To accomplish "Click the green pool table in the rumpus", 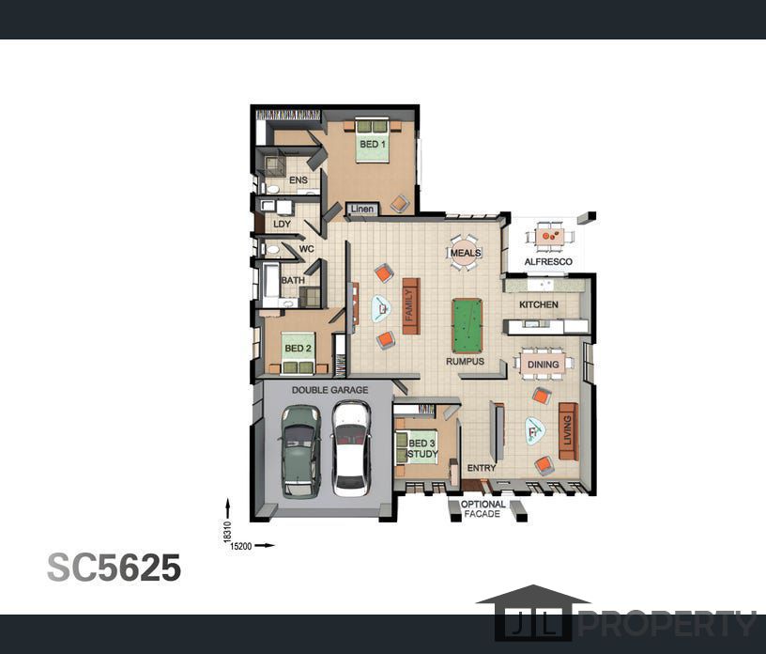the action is click(x=467, y=326).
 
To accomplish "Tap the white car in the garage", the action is click(x=351, y=448).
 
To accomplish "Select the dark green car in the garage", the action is click(x=300, y=451).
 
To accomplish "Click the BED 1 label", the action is click(x=373, y=145).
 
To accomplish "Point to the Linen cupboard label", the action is click(x=362, y=209).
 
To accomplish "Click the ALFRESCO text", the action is click(x=548, y=262).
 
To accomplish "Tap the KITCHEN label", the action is click(x=538, y=304).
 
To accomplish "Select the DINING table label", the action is click(x=543, y=365).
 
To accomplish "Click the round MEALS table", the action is click(x=465, y=253).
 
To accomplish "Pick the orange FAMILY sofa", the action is click(x=411, y=306).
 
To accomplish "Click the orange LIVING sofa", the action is click(x=568, y=431).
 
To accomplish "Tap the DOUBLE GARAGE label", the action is click(x=329, y=390).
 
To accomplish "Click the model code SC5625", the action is click(x=114, y=568).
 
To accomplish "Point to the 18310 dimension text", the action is click(x=227, y=531).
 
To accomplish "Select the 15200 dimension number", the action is click(x=241, y=546).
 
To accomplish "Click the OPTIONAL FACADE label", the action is click(x=483, y=508).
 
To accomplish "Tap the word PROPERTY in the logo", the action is click(x=667, y=623).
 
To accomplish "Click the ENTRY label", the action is click(x=482, y=468).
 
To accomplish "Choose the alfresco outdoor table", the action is click(x=549, y=237).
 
